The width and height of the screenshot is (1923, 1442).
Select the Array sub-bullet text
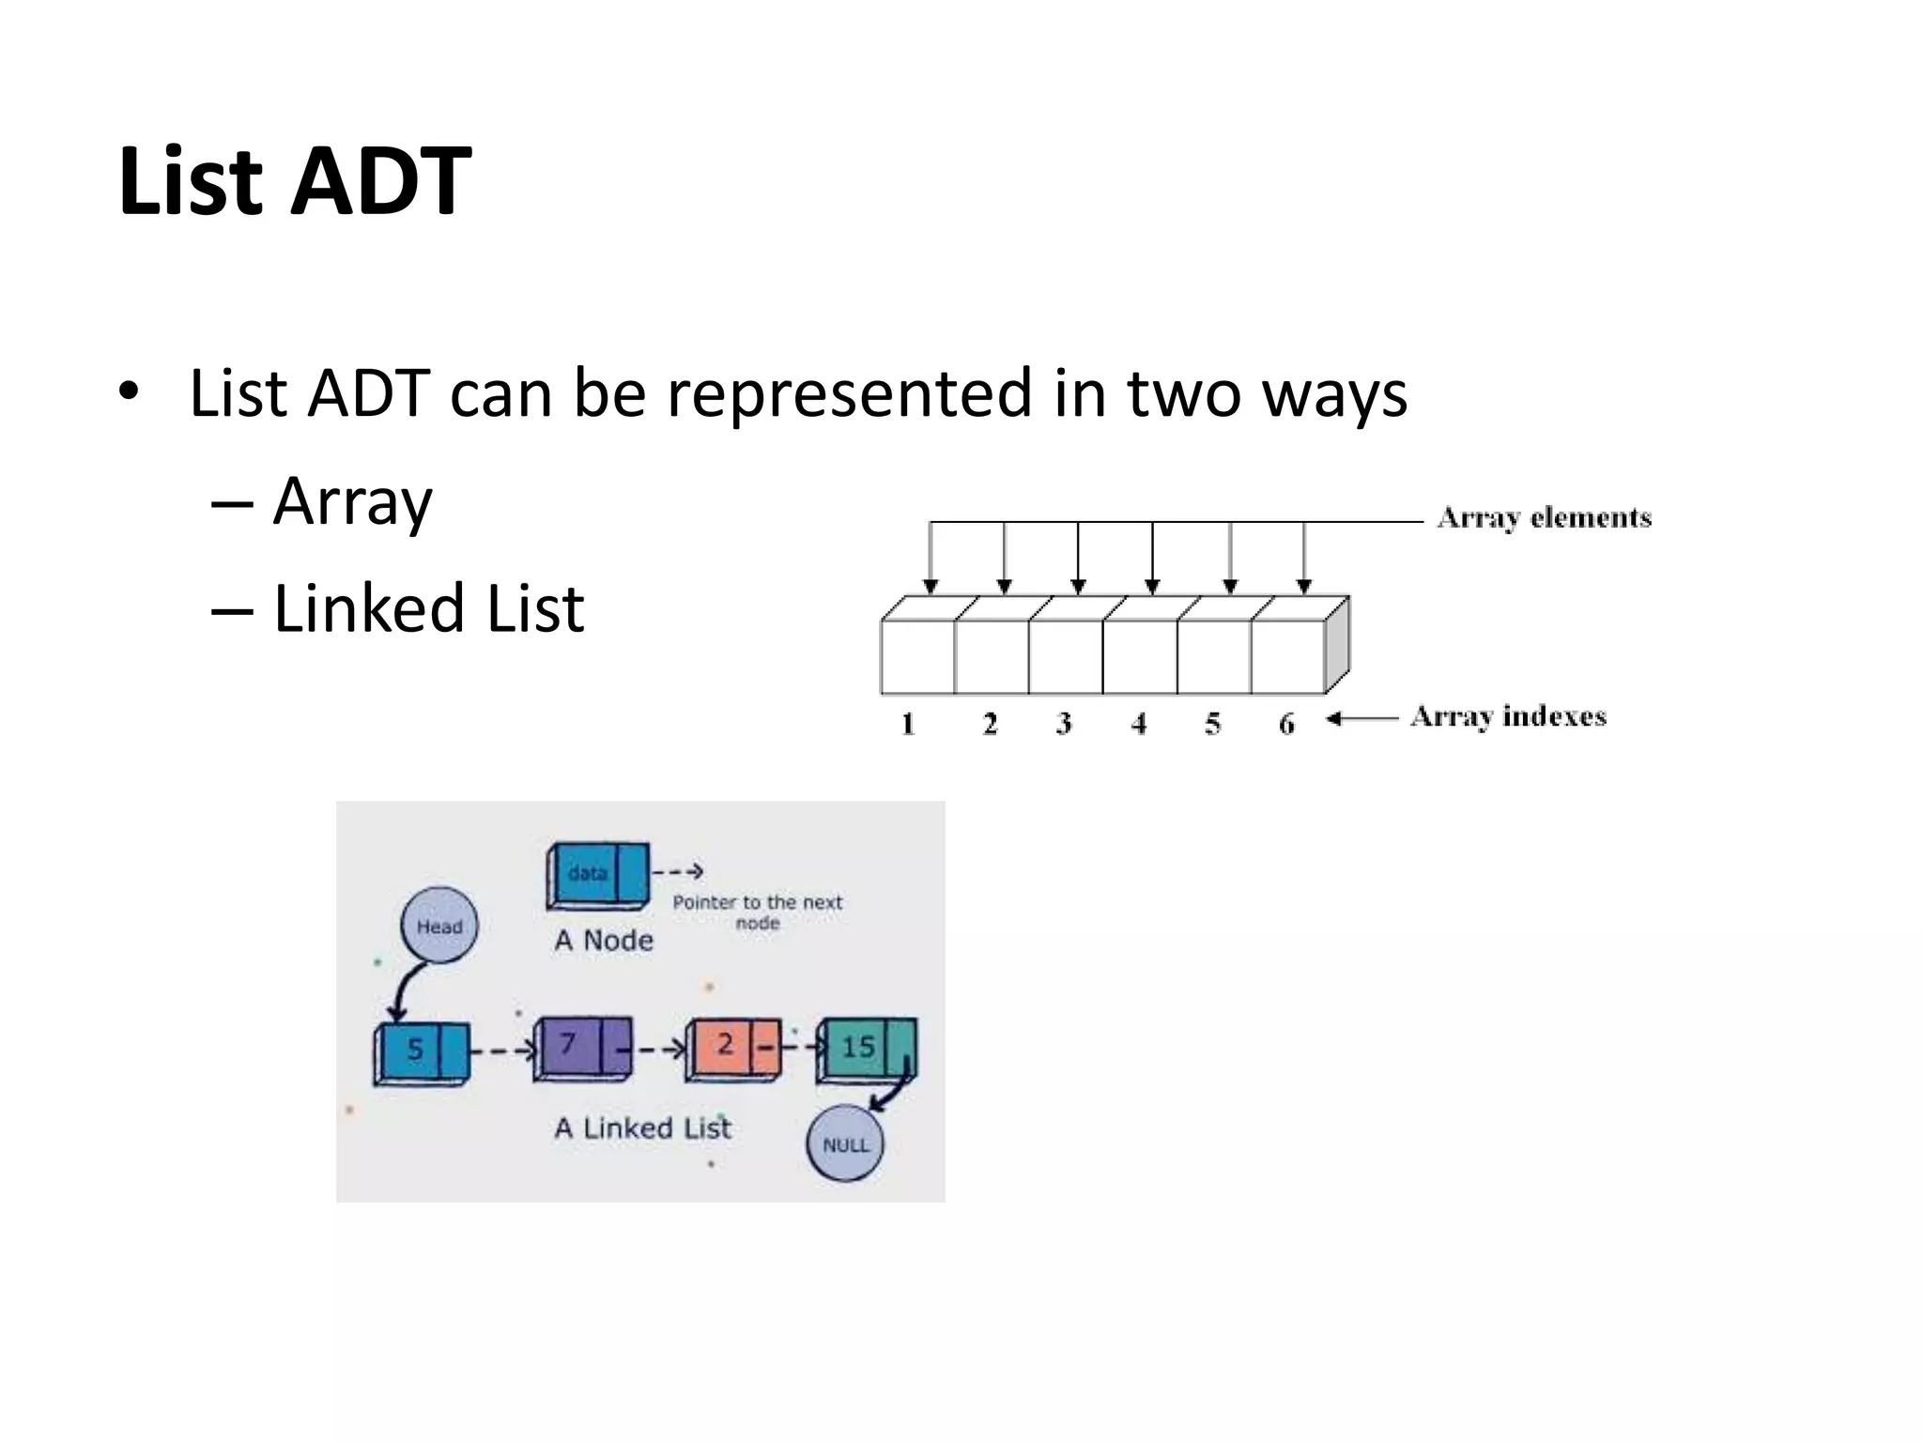coord(352,502)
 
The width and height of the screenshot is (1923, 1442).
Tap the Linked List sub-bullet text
coord(428,608)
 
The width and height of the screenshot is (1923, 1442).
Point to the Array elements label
coord(1544,518)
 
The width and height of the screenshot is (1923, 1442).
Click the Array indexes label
coord(1508,717)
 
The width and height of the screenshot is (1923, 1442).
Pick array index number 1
coord(908,724)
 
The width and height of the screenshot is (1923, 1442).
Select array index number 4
coord(1139,724)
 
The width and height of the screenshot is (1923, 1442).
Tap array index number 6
coord(1286,724)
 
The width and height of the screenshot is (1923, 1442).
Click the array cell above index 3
coord(1066,656)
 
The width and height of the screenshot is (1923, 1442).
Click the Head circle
coord(439,926)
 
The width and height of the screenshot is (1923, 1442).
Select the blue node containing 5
coord(422,1052)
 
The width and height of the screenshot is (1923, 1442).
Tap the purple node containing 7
coord(582,1049)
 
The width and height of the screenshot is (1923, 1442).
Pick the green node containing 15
coord(866,1050)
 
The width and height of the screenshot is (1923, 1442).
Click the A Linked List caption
coord(642,1128)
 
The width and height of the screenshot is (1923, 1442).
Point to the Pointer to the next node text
coord(758,912)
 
